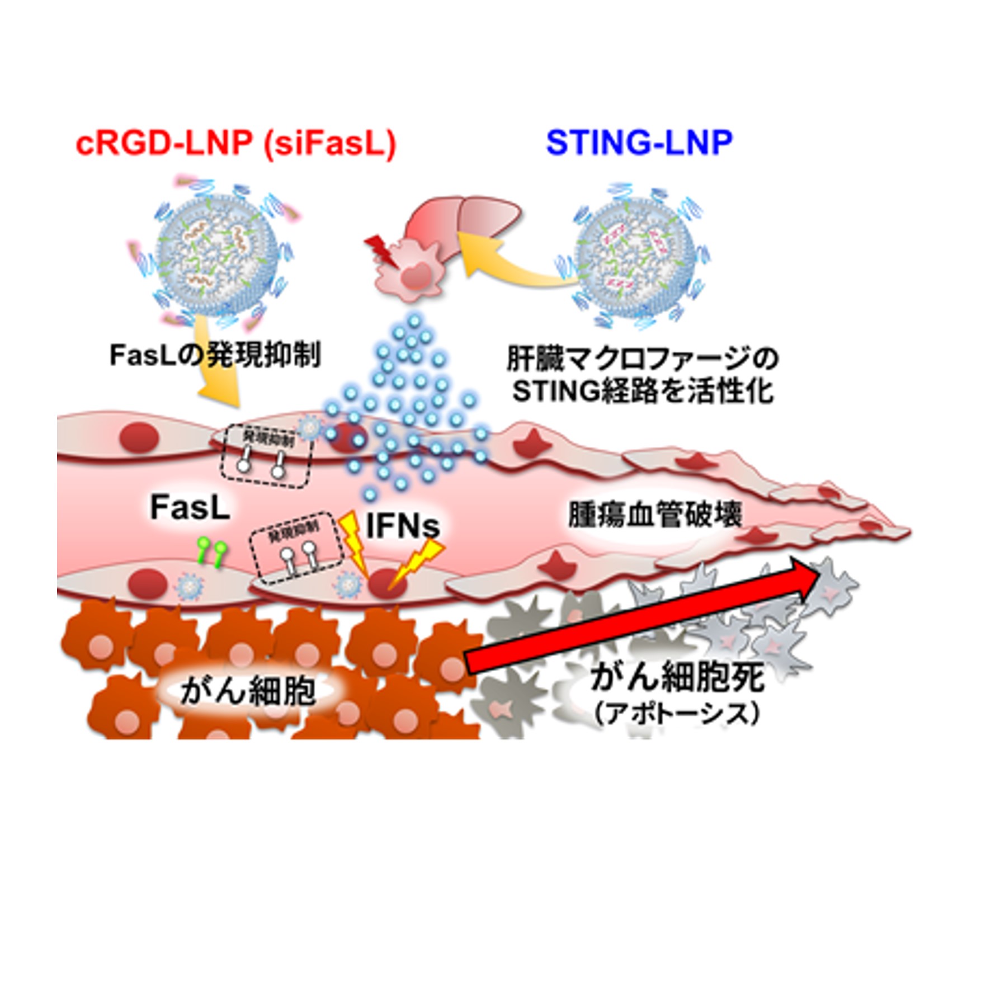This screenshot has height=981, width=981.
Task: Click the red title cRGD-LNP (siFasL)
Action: [235, 144]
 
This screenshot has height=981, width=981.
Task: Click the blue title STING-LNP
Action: [639, 144]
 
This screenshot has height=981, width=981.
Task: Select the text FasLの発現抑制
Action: [215, 355]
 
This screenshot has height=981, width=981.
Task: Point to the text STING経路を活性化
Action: [643, 392]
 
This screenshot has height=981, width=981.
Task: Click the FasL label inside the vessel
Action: [190, 508]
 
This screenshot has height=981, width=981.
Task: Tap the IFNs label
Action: [402, 526]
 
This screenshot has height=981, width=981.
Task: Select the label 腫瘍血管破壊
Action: [654, 515]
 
